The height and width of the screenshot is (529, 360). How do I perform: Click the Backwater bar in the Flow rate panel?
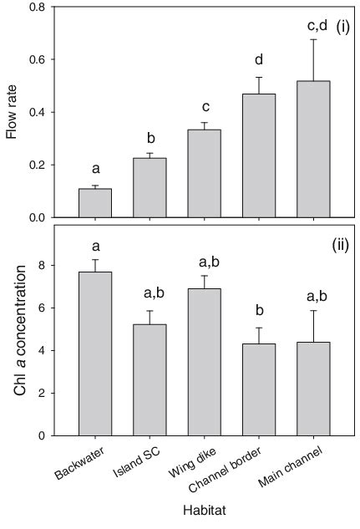95,203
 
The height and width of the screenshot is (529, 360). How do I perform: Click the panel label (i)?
342,27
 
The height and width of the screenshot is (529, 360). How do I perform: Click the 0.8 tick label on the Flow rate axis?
38,8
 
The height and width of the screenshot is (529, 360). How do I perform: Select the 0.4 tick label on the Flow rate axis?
38,113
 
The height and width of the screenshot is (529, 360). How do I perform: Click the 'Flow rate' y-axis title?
13,113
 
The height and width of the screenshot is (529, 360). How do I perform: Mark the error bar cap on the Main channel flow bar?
313,39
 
